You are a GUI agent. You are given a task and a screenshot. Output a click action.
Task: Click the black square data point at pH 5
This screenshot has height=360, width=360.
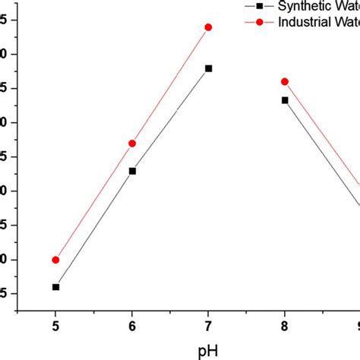click(x=55, y=287)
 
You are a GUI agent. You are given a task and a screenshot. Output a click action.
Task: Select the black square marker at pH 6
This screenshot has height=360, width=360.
click(x=132, y=171)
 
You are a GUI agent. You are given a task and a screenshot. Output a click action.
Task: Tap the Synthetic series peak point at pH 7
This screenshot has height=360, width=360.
click(x=209, y=68)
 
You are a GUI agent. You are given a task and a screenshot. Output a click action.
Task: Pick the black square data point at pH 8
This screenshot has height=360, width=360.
click(x=285, y=100)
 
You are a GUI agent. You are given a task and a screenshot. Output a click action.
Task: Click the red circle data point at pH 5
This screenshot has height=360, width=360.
click(x=55, y=260)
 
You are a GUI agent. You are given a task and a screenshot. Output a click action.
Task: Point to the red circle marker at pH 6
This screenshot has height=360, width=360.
click(x=132, y=143)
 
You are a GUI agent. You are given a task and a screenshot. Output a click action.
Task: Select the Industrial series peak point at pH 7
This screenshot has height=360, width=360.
click(x=208, y=27)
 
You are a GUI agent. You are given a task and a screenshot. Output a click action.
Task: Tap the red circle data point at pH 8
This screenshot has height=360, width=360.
click(x=285, y=81)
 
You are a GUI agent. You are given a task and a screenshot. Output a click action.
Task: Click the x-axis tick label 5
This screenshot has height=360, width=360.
click(x=55, y=327)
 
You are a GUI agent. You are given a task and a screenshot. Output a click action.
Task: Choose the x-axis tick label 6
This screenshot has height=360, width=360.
click(x=132, y=327)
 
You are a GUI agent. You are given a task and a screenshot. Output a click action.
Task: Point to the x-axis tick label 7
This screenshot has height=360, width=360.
click(x=208, y=327)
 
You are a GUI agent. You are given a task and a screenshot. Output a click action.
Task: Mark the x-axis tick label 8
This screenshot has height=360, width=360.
click(x=285, y=327)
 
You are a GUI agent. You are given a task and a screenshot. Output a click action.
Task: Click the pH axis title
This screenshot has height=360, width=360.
click(x=207, y=351)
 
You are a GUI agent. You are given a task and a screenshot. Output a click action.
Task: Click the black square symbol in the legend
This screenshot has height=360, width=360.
click(x=259, y=6)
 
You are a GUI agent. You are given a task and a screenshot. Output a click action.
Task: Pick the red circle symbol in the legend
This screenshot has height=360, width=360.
click(x=259, y=22)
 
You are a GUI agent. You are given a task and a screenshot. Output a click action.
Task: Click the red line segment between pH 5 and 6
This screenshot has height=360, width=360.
click(x=93, y=201)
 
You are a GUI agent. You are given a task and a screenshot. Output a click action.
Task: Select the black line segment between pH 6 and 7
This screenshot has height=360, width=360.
click(x=170, y=120)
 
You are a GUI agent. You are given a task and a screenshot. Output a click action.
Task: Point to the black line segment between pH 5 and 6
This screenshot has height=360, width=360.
click(x=93, y=229)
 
